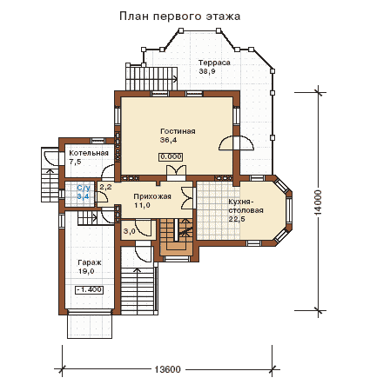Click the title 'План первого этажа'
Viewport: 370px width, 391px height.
pos(180,17)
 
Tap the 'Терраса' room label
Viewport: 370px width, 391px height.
pos(214,63)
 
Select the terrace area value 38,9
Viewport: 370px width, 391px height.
pos(207,71)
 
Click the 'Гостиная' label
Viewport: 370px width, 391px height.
pos(178,131)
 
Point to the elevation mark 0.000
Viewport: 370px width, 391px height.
pos(171,156)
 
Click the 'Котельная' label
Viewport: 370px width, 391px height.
pos(89,153)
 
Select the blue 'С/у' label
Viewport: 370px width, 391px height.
pos(84,188)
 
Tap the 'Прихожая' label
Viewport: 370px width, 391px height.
pos(152,196)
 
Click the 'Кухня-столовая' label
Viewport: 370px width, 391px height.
pos(246,206)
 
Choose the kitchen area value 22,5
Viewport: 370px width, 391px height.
pos(237,219)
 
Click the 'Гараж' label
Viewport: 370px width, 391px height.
pos(90,263)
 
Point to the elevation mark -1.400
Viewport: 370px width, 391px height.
pos(89,289)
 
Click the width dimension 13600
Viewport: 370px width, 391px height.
pos(167,369)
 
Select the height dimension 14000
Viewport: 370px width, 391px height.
pos(319,202)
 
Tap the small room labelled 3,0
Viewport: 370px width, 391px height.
pos(129,231)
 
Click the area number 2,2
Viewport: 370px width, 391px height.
pos(105,187)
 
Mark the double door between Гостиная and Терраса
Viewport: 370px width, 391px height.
pos(236,143)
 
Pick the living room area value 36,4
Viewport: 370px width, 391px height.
pos(168,140)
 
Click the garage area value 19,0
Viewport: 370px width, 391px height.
pos(86,272)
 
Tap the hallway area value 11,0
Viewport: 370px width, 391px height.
pos(142,205)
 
